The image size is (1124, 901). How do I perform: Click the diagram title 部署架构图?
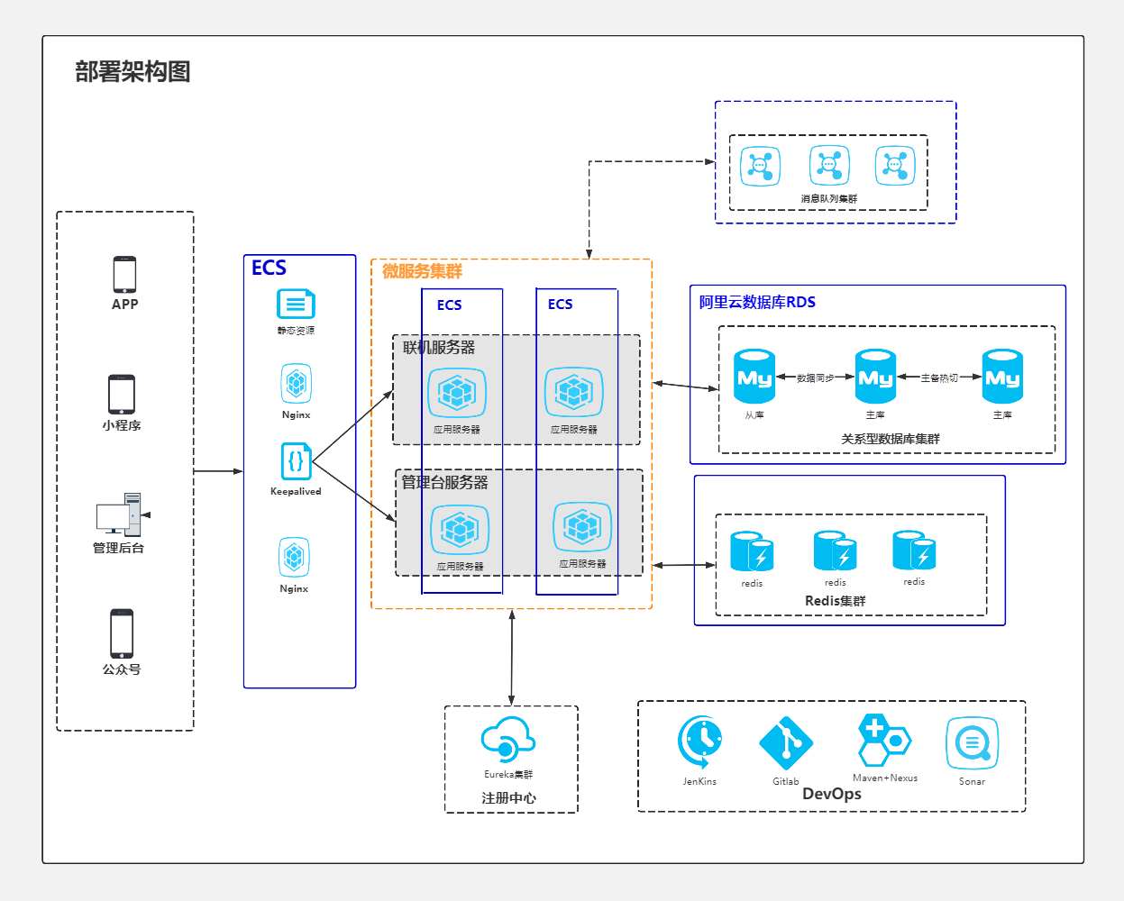pos(133,71)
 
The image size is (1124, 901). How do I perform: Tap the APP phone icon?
pos(124,275)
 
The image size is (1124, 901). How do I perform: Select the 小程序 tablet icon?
pos(122,394)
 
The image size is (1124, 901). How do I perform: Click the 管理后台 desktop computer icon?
pos(119,514)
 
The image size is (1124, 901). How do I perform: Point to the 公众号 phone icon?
pos(122,633)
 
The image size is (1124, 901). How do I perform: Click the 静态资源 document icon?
pos(296,304)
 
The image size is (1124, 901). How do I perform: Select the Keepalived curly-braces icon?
pos(297,461)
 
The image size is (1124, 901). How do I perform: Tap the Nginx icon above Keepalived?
pos(297,384)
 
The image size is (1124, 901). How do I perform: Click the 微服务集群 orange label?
pos(422,271)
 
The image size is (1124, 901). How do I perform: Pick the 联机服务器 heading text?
pos(439,348)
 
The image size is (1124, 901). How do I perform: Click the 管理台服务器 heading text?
pos(444,482)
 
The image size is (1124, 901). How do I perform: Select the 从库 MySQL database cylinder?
pos(754,377)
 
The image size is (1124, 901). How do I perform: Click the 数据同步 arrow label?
pos(816,378)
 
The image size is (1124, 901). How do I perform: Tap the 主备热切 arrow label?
pos(939,378)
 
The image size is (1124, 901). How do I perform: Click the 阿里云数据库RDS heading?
pos(757,302)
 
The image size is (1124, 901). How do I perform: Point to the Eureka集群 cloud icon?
pos(508,739)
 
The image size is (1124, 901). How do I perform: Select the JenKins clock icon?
pos(699,742)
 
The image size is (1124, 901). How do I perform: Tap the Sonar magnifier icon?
pos(972,743)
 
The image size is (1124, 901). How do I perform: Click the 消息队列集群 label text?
pos(829,199)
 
